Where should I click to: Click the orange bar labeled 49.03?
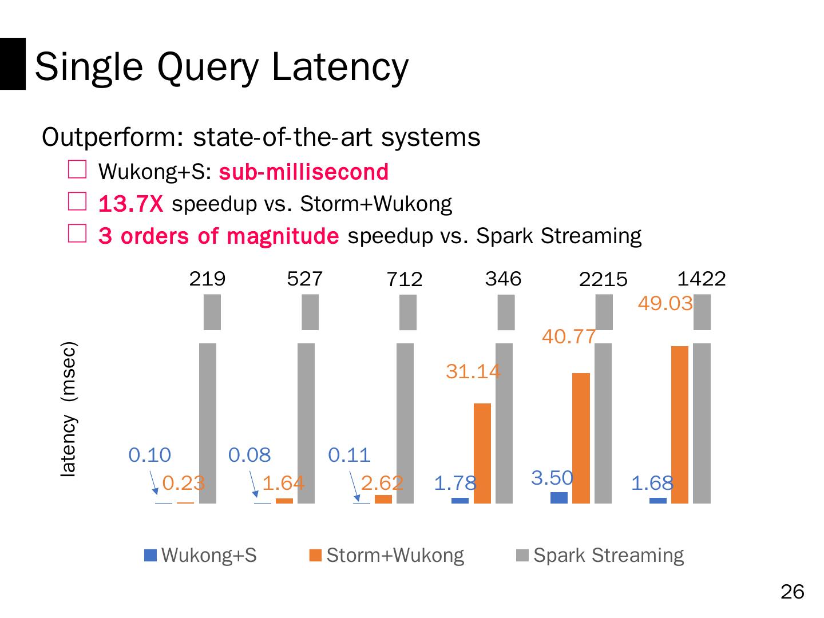point(680,425)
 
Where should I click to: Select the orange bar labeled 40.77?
point(581,438)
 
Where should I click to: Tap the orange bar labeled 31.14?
point(482,453)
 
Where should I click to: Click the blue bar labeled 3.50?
point(559,497)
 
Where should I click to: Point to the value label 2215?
point(603,280)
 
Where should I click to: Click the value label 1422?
point(701,279)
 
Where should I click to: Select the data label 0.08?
point(249,455)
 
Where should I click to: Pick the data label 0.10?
point(150,455)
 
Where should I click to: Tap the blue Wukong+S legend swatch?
point(150,555)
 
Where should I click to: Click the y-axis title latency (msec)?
point(69,409)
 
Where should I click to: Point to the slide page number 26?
point(792,592)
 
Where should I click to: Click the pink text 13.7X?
point(131,204)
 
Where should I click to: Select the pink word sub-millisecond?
point(304,172)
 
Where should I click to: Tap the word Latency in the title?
point(340,66)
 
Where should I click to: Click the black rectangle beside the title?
point(13,64)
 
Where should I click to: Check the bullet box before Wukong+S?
point(77,170)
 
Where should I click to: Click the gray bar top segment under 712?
point(408,312)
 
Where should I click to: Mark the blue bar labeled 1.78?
point(460,501)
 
